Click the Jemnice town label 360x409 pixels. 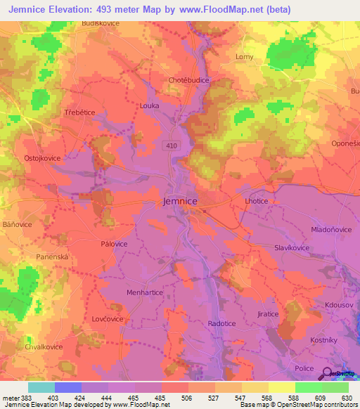tap(180, 201)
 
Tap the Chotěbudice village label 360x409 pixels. tap(189, 80)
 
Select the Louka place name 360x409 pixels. tap(150, 105)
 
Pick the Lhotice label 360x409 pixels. tap(257, 201)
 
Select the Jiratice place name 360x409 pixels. tap(268, 313)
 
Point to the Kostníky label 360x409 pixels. tap(325, 339)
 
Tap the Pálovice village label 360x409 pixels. tap(114, 244)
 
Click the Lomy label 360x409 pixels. tap(244, 56)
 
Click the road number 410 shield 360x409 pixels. tap(172, 145)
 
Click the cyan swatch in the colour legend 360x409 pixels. tap(41, 387)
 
